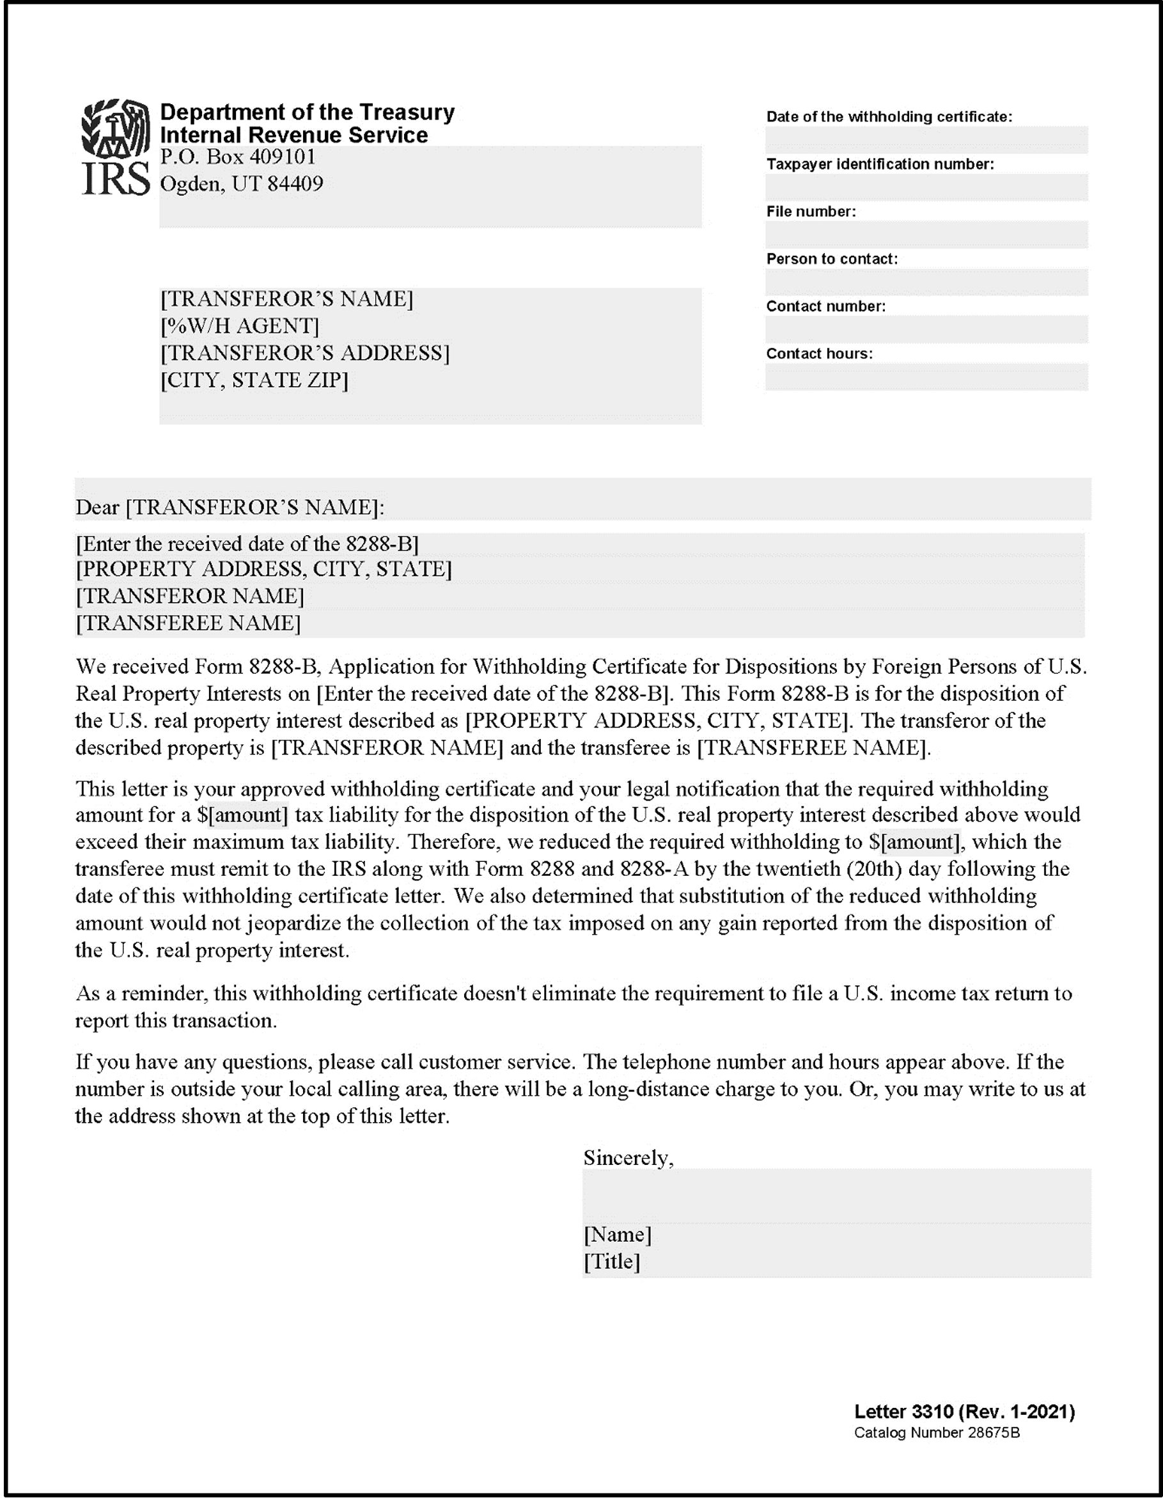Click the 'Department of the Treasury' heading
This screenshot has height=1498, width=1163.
306,112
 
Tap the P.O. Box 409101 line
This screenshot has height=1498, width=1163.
237,157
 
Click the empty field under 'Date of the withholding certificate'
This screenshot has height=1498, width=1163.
926,140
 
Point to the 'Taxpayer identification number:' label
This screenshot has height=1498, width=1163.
880,164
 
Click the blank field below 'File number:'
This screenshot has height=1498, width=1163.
926,235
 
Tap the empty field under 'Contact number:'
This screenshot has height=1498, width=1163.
926,329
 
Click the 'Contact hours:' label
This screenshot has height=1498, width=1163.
820,353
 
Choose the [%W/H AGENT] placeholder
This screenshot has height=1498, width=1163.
240,326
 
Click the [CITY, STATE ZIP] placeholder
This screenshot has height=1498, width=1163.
254,380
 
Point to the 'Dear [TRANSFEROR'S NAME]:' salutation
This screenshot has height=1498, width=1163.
230,508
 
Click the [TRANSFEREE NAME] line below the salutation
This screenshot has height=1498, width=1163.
188,623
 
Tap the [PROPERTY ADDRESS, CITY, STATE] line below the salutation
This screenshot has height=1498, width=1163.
264,569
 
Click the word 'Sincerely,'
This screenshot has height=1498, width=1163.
628,1158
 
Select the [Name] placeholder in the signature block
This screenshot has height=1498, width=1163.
617,1235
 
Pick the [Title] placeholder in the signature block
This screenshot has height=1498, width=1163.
612,1261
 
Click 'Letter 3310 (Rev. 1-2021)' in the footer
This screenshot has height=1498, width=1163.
964,1412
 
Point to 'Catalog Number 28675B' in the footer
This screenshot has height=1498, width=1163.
937,1433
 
